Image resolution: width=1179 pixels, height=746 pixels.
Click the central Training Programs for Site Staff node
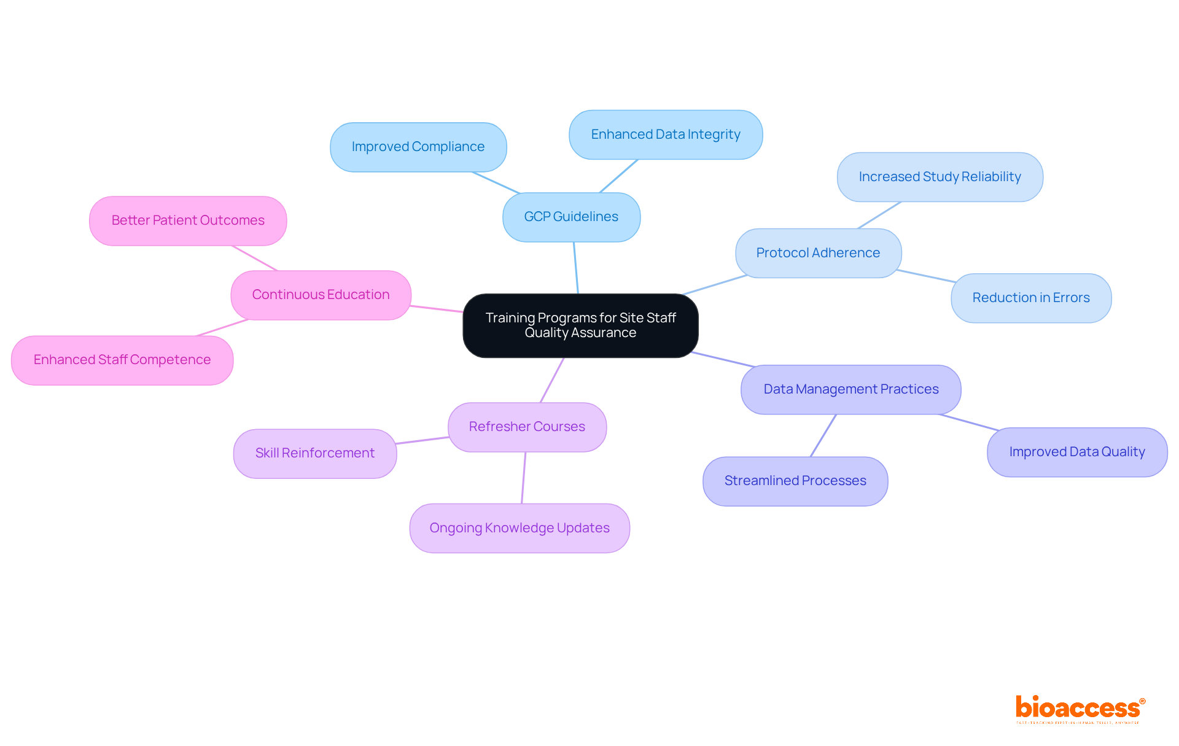coord(580,325)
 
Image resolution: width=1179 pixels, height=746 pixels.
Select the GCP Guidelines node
coord(571,217)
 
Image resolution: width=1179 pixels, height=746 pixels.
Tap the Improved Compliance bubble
coord(418,147)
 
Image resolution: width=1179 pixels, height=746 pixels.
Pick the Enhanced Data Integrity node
coord(666,134)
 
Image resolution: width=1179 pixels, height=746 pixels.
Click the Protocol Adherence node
coord(818,253)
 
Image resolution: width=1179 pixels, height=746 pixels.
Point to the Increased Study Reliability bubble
coord(940,177)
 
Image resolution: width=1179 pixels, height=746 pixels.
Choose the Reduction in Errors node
coord(1030,298)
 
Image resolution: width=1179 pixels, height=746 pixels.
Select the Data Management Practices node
coord(850,389)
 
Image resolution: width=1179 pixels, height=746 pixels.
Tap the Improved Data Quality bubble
coord(1076,452)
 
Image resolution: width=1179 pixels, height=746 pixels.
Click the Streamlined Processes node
coord(795,481)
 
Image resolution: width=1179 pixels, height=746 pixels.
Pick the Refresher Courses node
coord(527,427)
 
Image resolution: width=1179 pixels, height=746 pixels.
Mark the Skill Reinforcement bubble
coord(315,453)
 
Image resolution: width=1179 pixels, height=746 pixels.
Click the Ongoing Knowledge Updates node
coord(519,528)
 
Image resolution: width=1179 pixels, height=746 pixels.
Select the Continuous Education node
coord(321,295)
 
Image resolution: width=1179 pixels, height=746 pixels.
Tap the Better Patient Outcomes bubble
coord(188,220)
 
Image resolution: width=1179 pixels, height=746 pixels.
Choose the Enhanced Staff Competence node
coord(122,360)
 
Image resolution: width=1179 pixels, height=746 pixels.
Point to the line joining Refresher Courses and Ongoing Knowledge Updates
coord(524,478)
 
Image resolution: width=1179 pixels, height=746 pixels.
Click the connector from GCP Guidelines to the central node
coord(576,268)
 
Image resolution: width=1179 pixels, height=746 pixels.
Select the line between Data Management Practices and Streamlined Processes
coord(823,435)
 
